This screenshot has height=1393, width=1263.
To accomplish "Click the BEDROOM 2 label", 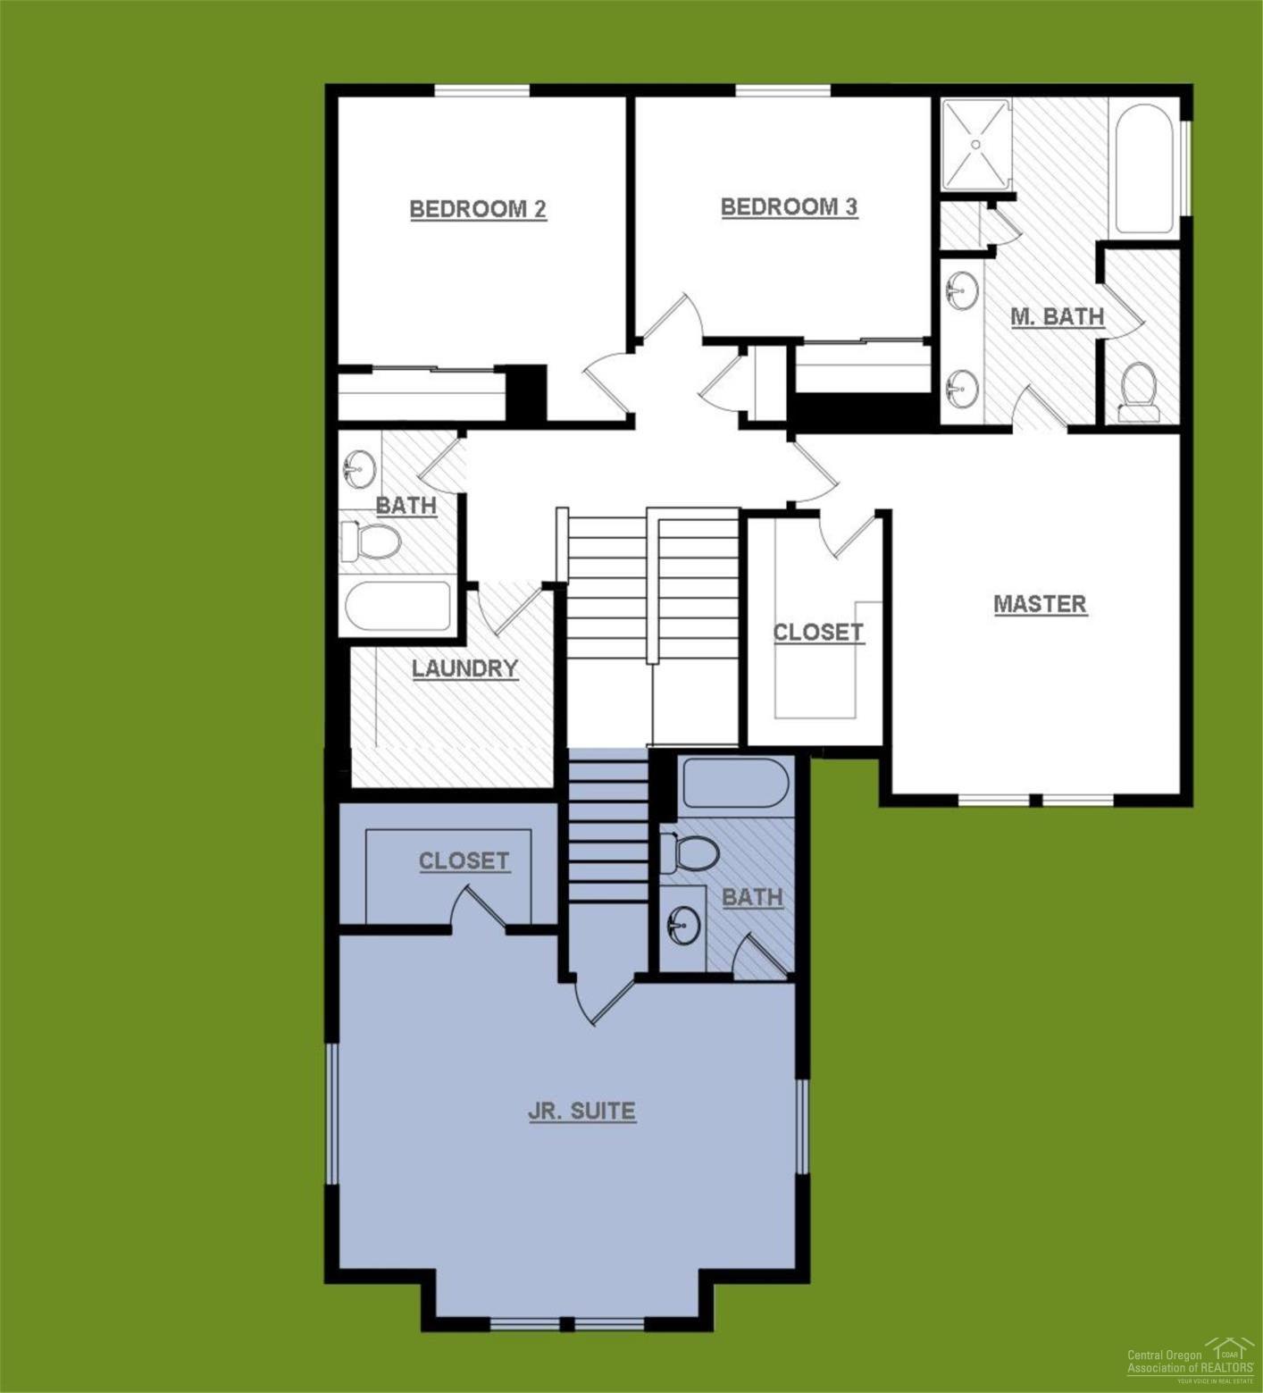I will coord(478,209).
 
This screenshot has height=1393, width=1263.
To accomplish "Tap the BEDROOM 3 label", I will coord(789,207).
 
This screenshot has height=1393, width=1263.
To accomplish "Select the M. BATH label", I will coord(1057,316).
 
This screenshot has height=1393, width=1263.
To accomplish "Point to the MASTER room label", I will coord(1040,604).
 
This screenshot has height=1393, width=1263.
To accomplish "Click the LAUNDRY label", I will coord(464,668).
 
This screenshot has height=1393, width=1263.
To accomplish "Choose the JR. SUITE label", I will coord(581,1112).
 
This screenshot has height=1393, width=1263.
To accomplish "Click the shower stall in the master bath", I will coord(975,145).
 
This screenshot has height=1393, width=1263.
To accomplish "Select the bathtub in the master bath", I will coord(1144,170).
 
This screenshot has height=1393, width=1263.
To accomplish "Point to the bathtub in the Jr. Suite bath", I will coord(734,783).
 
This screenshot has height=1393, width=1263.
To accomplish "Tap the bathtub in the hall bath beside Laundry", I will coord(397,607).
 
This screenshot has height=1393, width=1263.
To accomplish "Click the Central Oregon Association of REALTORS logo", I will coord(1191,1361).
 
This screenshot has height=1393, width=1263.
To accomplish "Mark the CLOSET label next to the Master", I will coord(817,633).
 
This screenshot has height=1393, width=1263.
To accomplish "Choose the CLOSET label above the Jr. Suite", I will coord(464,861).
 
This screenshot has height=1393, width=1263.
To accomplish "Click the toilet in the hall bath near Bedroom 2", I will coord(372,541).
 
